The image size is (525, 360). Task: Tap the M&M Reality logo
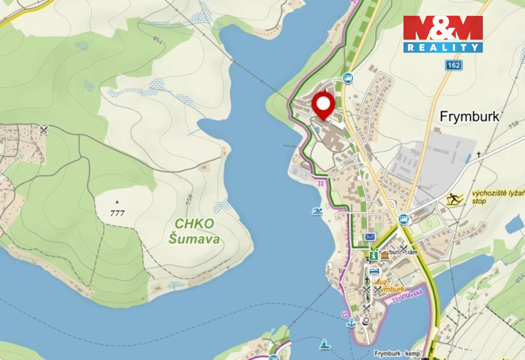click(442, 34)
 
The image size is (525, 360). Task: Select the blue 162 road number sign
click(453, 65)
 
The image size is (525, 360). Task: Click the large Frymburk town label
click(470, 117)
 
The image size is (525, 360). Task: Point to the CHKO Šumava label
click(197, 231)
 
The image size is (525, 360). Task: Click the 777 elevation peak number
click(117, 213)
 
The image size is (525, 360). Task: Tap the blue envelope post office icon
click(370, 237)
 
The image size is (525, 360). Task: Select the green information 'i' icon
click(374, 255)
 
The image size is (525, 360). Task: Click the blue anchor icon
click(351, 323)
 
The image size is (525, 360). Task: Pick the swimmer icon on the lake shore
click(317, 211)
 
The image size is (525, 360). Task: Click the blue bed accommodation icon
click(374, 271)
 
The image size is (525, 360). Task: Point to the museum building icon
click(384, 255)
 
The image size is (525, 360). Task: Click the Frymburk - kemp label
click(397, 354)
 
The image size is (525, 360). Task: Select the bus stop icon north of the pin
click(348, 78)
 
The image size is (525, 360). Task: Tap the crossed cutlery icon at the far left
click(44, 130)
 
